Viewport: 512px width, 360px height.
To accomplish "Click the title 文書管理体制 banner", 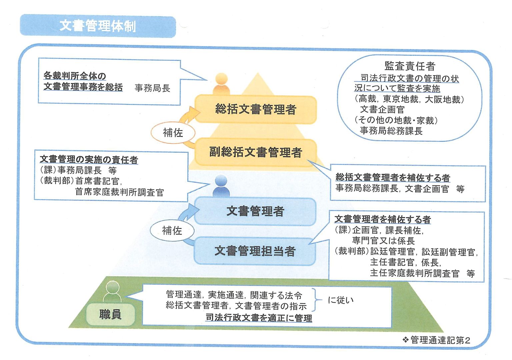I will [98, 26].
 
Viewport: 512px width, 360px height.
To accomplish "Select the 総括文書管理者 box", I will [256, 109].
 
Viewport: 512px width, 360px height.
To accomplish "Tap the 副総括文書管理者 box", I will [256, 152].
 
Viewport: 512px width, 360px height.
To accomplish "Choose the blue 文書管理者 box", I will [255, 211].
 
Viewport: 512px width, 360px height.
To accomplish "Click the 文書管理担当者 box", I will [255, 251].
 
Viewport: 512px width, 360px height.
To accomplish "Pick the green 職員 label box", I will [110, 314].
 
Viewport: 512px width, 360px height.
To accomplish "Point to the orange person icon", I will [221, 84].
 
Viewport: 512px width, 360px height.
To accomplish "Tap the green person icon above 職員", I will [112, 291].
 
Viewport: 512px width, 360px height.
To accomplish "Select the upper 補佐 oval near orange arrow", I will [173, 133].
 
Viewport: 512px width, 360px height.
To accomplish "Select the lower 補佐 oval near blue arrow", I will [172, 230].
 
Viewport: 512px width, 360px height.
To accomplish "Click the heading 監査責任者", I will [410, 66].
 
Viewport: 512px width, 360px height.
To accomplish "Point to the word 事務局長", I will [152, 88].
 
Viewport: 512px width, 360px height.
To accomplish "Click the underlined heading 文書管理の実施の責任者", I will [89, 160].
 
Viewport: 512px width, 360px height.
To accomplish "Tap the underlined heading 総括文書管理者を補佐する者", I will [393, 177].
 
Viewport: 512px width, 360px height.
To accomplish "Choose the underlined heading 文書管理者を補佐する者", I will [383, 219].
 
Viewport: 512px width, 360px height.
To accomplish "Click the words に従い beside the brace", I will [341, 300].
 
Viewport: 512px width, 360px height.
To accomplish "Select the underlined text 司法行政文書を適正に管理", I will [259, 318].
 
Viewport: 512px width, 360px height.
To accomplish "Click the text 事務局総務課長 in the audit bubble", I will [391, 131].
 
